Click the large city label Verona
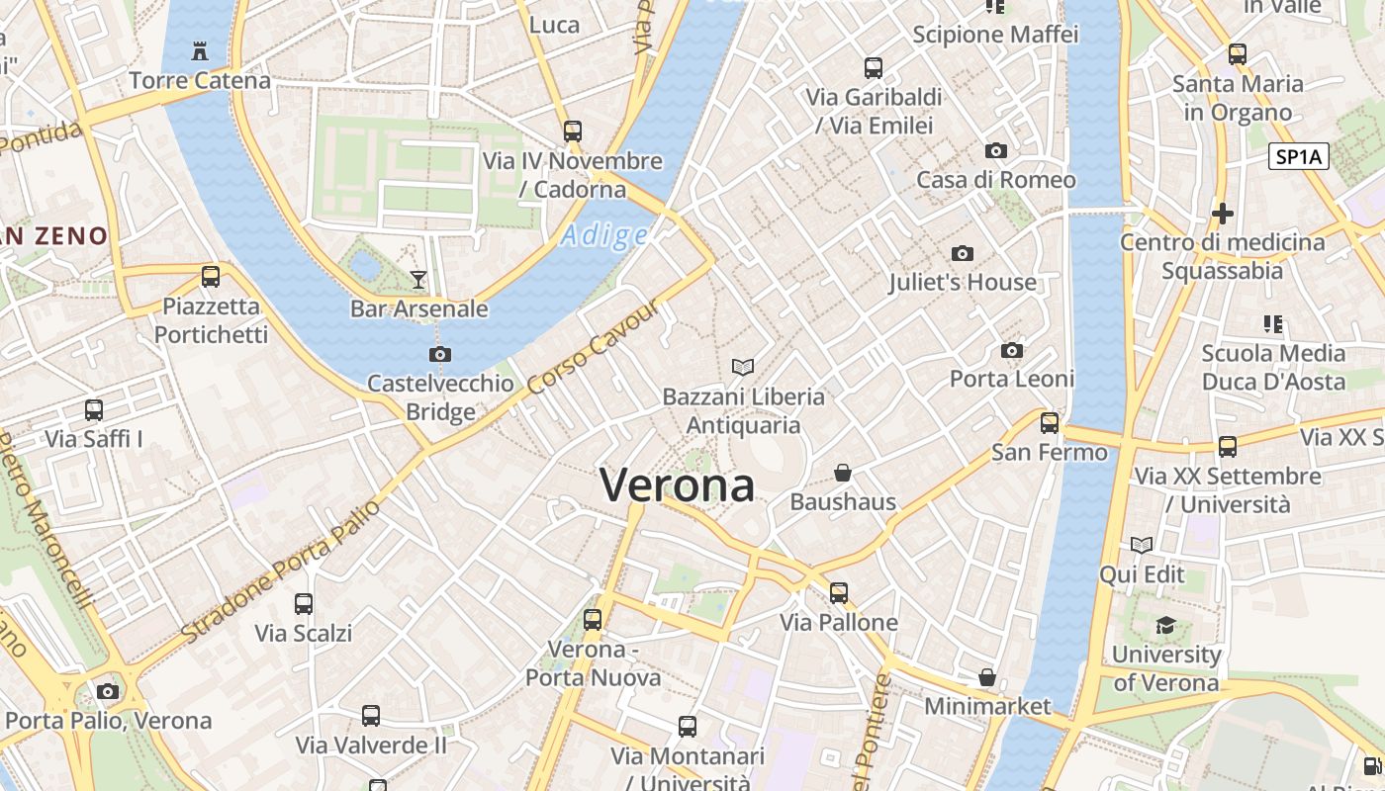tap(678, 485)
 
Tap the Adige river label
tap(604, 235)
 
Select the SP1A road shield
tap(1298, 156)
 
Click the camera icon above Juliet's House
tap(962, 254)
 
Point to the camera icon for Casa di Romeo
tap(996, 151)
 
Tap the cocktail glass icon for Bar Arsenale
tap(418, 280)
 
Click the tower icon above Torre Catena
tap(200, 51)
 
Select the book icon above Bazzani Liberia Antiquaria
tap(743, 368)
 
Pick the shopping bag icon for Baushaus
tap(843, 474)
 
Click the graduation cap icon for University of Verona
tap(1166, 625)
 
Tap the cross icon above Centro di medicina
tap(1223, 214)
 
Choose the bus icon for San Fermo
tap(1050, 423)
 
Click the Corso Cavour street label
tap(594, 346)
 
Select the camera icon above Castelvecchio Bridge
tap(440, 354)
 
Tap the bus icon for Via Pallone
tap(839, 593)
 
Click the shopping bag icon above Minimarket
tap(986, 678)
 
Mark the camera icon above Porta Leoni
tap(1011, 351)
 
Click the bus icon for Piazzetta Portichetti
tap(210, 277)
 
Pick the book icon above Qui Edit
tap(1142, 546)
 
